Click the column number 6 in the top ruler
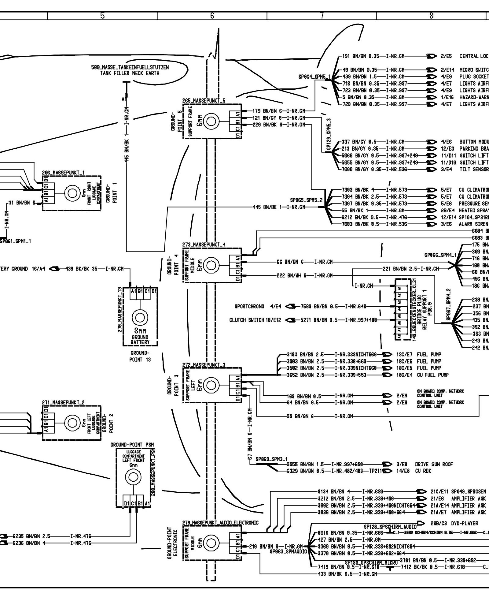pos(212,16)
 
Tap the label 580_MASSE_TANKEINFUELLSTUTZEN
pos(130,67)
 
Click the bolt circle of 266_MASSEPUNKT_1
pos(72,193)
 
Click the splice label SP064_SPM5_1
pos(314,77)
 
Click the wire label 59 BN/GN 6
pos(300,416)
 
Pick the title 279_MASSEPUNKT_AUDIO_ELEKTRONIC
pos(220,523)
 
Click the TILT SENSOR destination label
pos(474,170)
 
